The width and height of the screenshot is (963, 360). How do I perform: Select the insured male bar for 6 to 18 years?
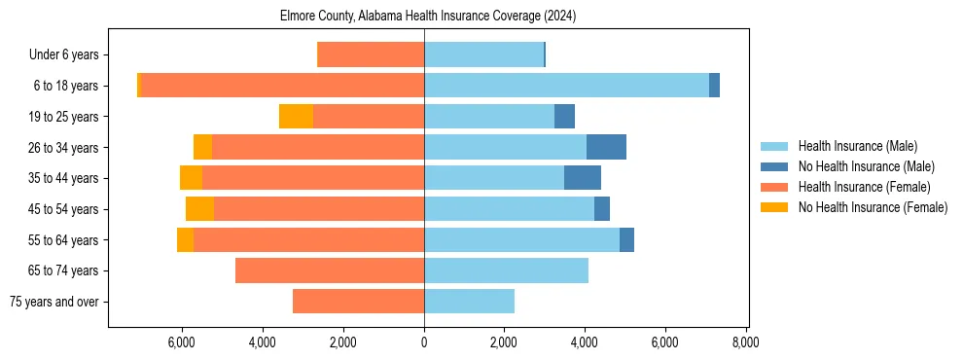(566, 86)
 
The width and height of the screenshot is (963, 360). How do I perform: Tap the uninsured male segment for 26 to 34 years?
(606, 147)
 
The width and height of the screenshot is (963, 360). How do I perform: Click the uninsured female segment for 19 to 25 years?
(296, 117)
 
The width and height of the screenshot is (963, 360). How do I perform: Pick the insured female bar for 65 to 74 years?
(330, 270)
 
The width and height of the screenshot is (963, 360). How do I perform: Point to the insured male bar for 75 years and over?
(469, 302)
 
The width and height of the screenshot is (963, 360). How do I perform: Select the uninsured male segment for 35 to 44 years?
(583, 178)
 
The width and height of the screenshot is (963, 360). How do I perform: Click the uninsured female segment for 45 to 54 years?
(199, 209)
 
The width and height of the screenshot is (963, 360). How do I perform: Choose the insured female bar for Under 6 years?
(371, 54)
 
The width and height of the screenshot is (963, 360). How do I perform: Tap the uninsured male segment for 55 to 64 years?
(626, 239)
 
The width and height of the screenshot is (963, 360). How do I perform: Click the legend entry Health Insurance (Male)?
(857, 146)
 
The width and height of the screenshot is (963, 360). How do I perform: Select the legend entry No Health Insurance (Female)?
(873, 207)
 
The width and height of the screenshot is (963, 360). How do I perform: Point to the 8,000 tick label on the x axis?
(745, 342)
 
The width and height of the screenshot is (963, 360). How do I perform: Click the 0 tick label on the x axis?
(424, 342)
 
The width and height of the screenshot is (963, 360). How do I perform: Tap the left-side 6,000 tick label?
(183, 342)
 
